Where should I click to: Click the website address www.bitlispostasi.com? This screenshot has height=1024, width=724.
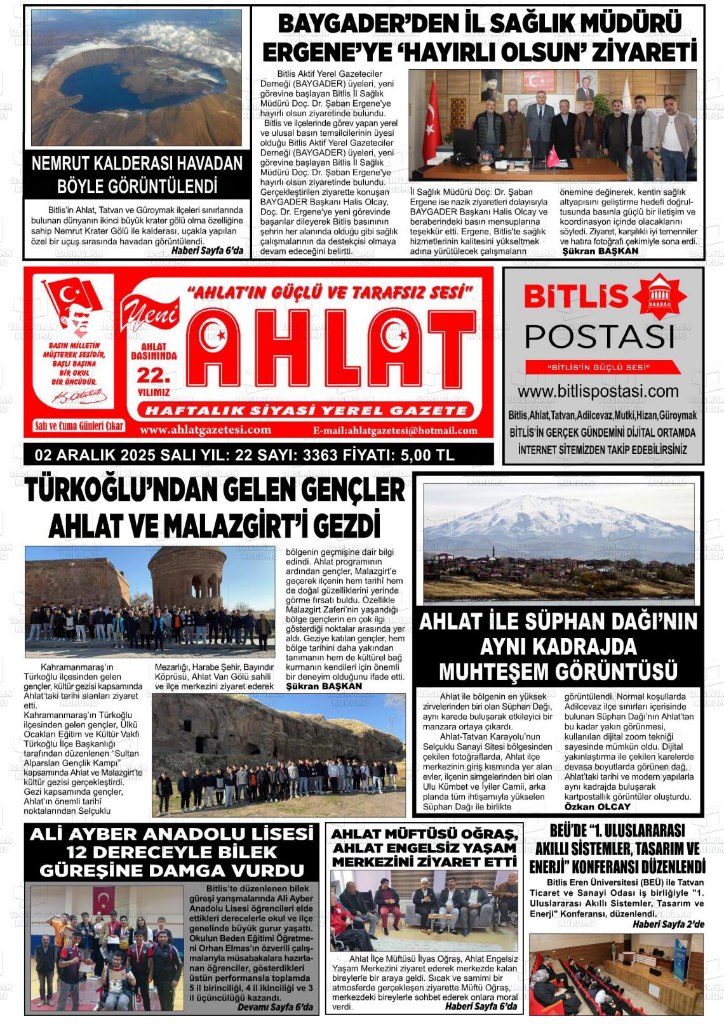pyautogui.click(x=598, y=392)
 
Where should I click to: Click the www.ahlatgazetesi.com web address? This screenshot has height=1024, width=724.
pyautogui.click(x=205, y=430)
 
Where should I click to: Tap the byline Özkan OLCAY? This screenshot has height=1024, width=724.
pyautogui.click(x=597, y=806)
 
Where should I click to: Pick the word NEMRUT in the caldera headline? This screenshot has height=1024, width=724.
pyautogui.click(x=60, y=164)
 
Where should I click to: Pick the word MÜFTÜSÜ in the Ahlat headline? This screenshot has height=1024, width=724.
pyautogui.click(x=424, y=834)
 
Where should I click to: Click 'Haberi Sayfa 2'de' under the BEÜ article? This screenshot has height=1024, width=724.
pyautogui.click(x=667, y=924)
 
